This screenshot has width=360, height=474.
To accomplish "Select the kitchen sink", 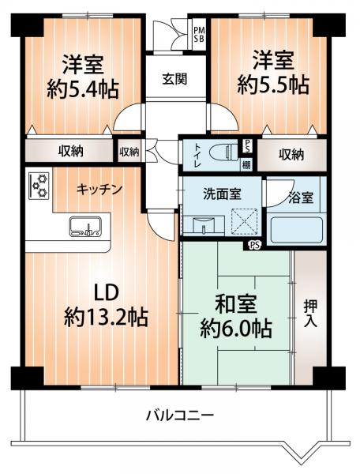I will (82, 228).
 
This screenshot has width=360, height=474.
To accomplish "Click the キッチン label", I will (99, 190).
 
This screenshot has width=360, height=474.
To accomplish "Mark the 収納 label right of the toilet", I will (291, 155).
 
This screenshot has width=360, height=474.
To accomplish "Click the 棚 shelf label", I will (246, 164).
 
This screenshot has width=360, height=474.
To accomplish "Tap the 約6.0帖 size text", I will (237, 329).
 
